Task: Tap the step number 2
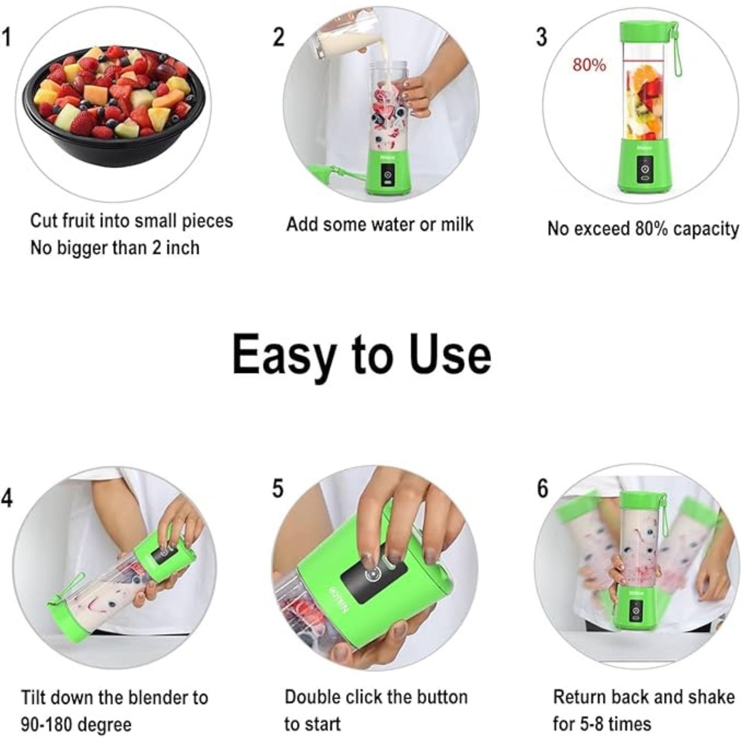pos(279,38)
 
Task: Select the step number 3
pos(542,38)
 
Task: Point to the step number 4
pos(7,499)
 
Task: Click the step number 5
pos(278,488)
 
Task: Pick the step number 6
pos(543,488)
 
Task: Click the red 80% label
pos(589,65)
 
